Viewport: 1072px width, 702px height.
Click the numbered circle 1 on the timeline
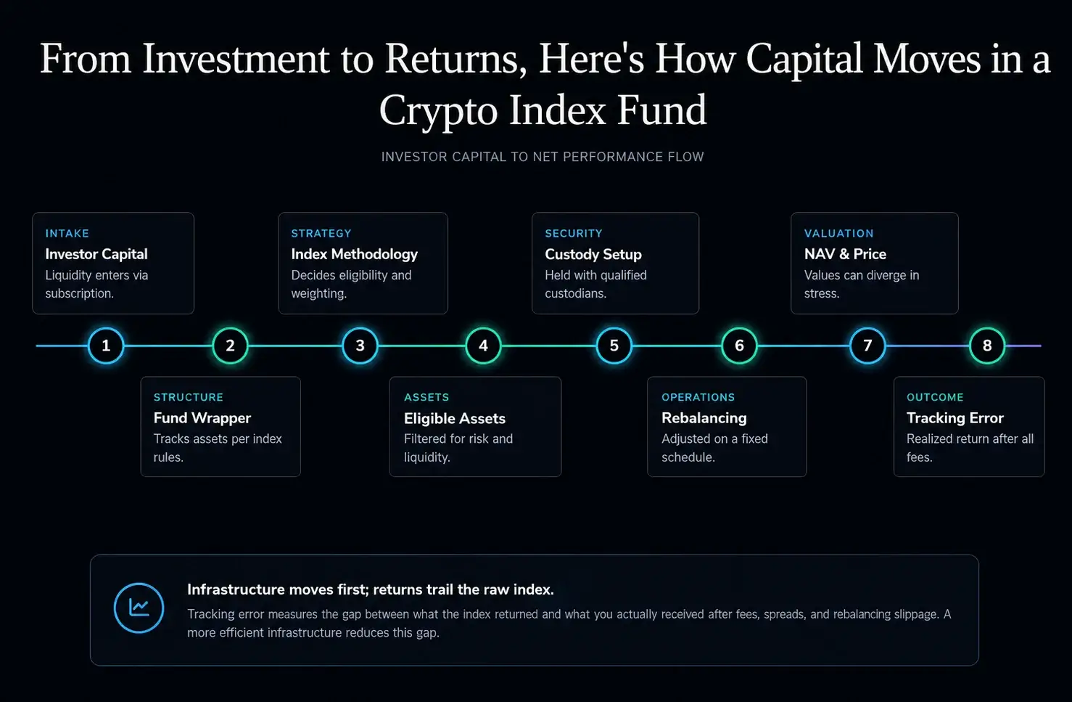tap(106, 346)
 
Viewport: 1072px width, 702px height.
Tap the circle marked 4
tap(483, 346)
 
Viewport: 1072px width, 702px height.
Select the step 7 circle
tap(867, 346)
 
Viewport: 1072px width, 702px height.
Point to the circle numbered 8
tap(987, 346)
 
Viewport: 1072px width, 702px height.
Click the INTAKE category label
tap(67, 233)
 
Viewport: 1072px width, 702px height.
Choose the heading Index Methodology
tap(354, 254)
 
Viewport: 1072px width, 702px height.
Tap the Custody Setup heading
tap(593, 254)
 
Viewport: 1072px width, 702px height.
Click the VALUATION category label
tap(838, 233)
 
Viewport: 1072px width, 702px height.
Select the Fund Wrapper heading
tap(202, 418)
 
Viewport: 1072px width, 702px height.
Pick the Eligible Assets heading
tap(455, 418)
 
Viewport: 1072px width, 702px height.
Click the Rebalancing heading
tap(704, 418)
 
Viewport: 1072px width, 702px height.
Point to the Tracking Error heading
tap(955, 418)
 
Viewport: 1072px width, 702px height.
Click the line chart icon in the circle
tap(139, 608)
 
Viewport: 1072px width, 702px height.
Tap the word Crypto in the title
tap(438, 111)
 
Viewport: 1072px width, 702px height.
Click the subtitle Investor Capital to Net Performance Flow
tap(543, 157)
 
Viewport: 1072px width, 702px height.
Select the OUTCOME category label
tap(935, 397)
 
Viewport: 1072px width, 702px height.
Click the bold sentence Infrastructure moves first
tap(371, 589)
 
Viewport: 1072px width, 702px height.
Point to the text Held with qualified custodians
tap(595, 284)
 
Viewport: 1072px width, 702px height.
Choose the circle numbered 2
tap(230, 346)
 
